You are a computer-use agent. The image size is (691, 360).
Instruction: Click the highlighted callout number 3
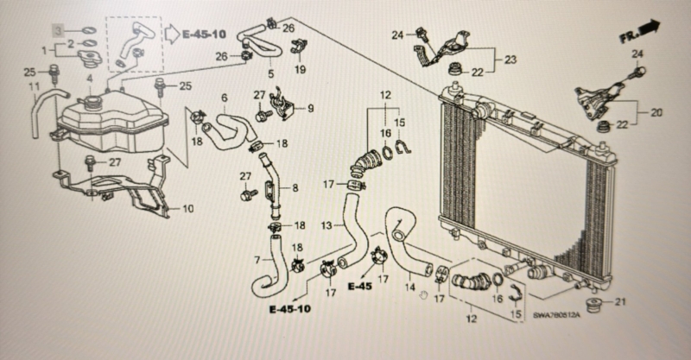pos(59,30)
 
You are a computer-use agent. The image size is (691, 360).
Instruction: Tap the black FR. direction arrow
pos(650,28)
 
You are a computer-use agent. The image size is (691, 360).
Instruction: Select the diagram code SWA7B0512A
pos(556,315)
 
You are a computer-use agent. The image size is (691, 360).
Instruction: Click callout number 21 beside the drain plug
pos(620,302)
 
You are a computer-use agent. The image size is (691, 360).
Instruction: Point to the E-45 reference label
pos(359,287)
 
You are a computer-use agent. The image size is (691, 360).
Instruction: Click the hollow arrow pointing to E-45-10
pos(171,33)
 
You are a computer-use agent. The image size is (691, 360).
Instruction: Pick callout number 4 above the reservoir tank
pos(90,79)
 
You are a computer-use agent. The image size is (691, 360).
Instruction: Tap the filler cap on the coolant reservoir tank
pos(93,104)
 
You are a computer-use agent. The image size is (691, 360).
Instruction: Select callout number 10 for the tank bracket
pos(187,208)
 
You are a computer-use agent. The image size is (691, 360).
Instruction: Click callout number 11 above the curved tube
pos(35,87)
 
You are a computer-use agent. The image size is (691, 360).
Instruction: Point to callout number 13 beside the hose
pos(326,225)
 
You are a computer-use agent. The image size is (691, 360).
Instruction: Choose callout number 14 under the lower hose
pos(410,287)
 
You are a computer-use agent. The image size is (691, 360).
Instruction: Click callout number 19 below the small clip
pos(300,69)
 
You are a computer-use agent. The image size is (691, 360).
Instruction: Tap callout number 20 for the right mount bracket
pos(656,113)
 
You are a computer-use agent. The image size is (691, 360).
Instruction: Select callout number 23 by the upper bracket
pos(510,60)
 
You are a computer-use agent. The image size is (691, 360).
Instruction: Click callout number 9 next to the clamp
pos(311,108)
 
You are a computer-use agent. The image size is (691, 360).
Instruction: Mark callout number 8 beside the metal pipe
pos(295,188)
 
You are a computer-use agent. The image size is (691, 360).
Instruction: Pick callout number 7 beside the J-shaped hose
pos(257,260)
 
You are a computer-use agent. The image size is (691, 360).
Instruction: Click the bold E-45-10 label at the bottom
pos(290,309)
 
